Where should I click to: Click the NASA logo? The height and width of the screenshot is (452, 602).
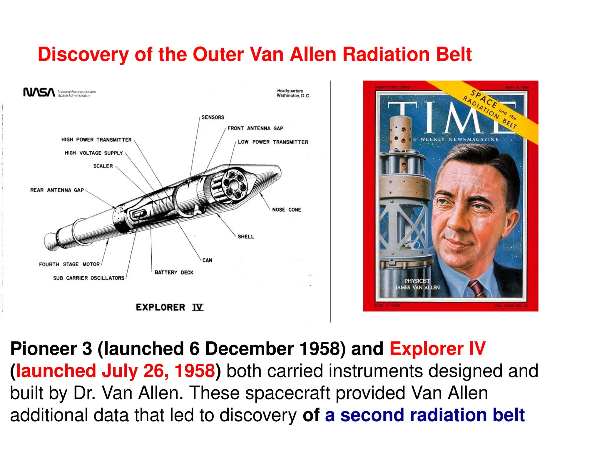tap(39, 92)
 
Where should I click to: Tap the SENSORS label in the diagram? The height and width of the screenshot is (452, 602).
tap(213, 117)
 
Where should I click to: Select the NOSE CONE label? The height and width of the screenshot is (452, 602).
tap(286, 210)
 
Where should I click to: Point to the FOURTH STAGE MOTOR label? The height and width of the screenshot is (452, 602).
tap(69, 264)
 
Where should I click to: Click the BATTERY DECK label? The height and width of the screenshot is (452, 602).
tap(174, 272)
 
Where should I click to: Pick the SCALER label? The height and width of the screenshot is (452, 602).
tap(103, 166)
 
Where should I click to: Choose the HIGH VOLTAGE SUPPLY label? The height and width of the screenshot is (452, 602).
tap(93, 153)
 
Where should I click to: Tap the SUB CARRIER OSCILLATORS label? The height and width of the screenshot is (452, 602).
tap(88, 278)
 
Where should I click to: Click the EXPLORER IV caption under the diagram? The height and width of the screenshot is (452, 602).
tap(169, 308)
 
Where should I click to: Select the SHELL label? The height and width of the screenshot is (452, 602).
tap(246, 237)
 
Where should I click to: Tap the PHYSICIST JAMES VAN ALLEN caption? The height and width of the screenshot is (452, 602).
tap(417, 284)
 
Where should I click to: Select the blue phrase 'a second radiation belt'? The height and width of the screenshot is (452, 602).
tap(425, 415)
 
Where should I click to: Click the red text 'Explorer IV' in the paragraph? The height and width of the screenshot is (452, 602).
tap(437, 349)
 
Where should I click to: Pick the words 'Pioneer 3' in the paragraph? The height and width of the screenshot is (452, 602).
tap(51, 349)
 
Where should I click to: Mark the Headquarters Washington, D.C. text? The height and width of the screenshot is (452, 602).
tap(293, 93)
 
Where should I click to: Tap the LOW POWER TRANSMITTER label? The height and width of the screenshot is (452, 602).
tap(273, 142)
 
